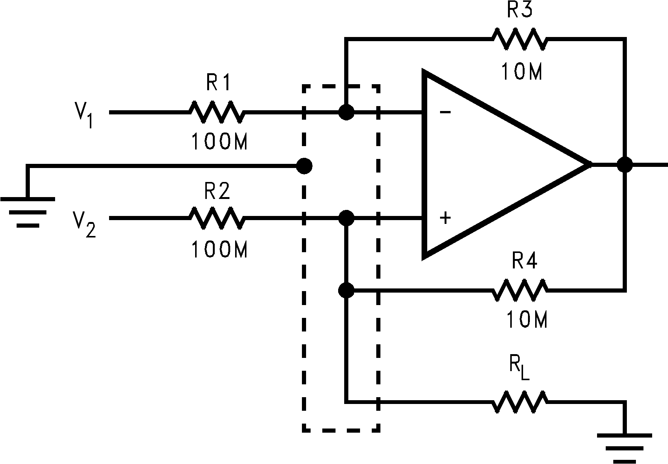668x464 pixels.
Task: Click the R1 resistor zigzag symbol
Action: pos(217,112)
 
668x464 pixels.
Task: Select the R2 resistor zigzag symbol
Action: pos(217,218)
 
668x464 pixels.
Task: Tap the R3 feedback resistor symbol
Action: pos(519,39)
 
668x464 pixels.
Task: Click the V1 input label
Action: pos(84,115)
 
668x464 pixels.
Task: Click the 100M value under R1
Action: pos(219,142)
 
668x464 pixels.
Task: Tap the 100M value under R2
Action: pos(219,250)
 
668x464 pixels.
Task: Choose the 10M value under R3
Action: pos(522,72)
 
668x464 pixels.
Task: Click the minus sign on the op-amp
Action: pos(445,112)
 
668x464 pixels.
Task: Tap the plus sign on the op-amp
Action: pos(446,218)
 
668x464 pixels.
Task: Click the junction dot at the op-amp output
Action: pos(625,165)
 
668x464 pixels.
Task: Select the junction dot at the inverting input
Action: pos(346,112)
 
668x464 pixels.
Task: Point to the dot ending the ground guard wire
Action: pos(304,165)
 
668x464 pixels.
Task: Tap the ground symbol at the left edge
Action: pos(28,211)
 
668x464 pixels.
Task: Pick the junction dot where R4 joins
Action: pos(346,290)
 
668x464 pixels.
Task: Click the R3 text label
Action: pos(519,10)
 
